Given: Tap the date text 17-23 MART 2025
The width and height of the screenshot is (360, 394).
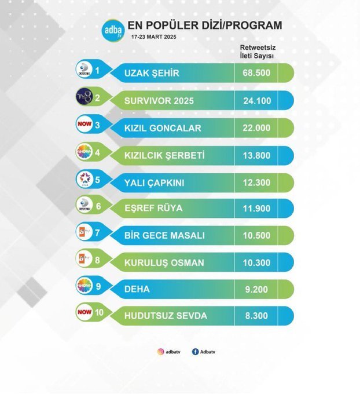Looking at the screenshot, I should tap(153, 37).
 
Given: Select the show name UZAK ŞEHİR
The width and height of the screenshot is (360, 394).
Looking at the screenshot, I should tap(152, 73).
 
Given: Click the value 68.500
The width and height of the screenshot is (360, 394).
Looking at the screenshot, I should tap(256, 73).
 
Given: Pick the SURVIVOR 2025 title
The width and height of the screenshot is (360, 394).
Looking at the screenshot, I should tap(159, 100).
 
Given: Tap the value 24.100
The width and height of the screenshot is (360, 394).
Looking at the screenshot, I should tap(256, 100).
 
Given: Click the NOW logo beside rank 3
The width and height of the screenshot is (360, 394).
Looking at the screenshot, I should tap(85, 124).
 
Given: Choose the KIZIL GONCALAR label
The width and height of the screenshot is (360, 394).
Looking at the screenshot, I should tap(164, 127).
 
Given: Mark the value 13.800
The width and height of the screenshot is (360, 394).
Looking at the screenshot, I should tap(256, 155).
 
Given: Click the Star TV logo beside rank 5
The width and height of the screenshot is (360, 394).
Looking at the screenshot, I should tap(86, 180).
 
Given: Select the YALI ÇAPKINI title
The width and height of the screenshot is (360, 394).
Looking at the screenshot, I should tap(155, 182).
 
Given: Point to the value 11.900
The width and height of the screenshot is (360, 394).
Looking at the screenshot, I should tap(256, 209).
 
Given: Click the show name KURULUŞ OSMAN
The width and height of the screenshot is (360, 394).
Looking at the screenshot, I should tap(164, 262).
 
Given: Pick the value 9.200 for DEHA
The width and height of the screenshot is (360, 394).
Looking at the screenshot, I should tap(256, 289).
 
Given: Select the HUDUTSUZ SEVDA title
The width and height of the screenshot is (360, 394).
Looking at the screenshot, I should tap(166, 316).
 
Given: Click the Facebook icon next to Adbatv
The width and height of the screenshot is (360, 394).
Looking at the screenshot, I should tap(194, 351).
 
